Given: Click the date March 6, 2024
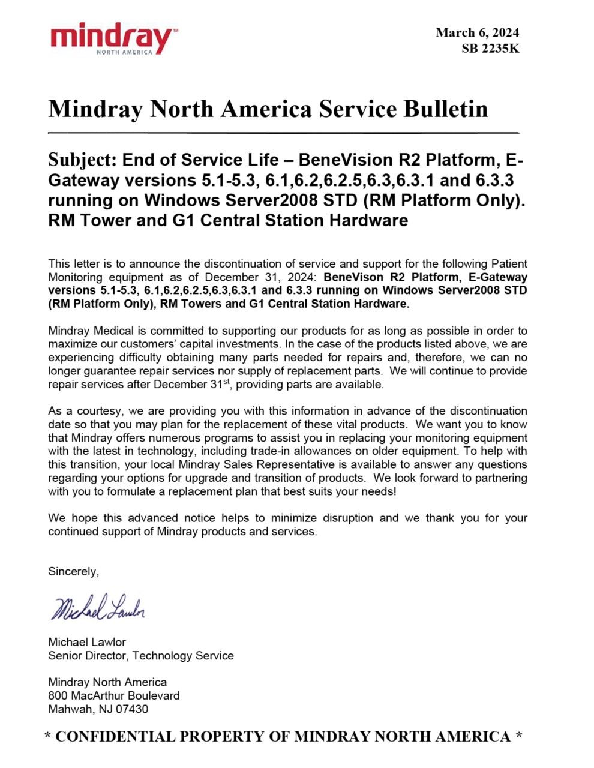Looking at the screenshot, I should point(477,32).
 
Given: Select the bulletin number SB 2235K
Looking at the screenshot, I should point(490,49).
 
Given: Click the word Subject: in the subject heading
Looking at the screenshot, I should point(82,160).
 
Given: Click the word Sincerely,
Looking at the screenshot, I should point(73,571).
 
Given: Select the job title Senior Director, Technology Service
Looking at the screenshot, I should point(141,655).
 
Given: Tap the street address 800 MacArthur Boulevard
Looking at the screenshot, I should point(114,695).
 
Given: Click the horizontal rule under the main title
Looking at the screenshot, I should point(283,133).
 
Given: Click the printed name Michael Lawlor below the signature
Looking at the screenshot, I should point(87,642).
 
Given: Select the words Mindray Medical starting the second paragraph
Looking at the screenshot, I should point(97,331).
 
